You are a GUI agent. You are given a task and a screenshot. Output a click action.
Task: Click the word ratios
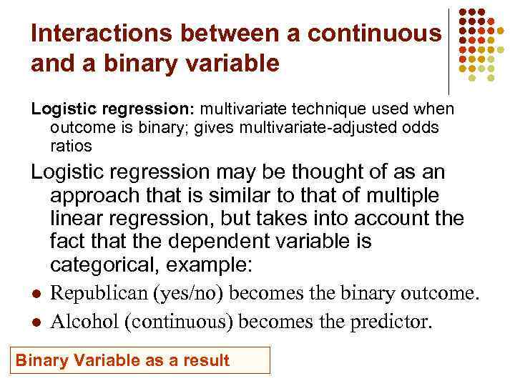point(72,146)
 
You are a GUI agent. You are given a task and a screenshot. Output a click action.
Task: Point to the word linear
point(79,218)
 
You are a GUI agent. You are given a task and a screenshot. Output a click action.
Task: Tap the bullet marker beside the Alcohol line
point(34,322)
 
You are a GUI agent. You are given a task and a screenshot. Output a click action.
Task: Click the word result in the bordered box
point(205,360)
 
